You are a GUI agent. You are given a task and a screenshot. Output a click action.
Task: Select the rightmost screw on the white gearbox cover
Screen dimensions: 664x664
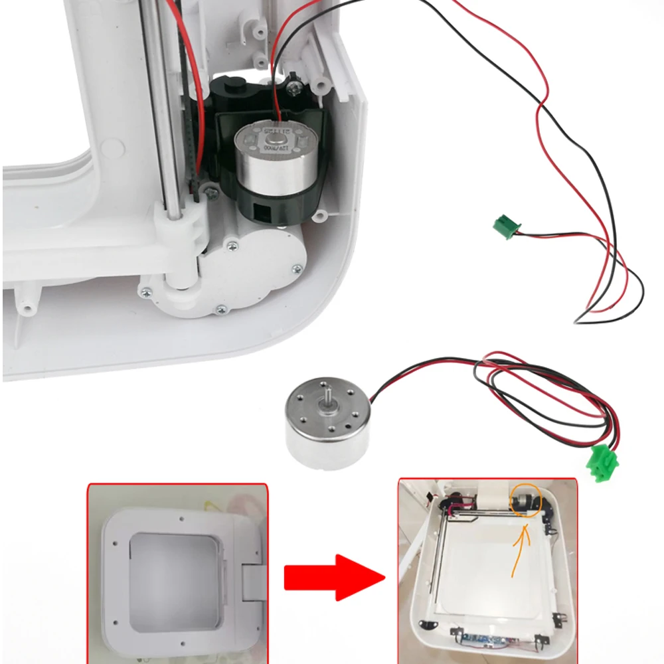[x=296, y=268]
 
